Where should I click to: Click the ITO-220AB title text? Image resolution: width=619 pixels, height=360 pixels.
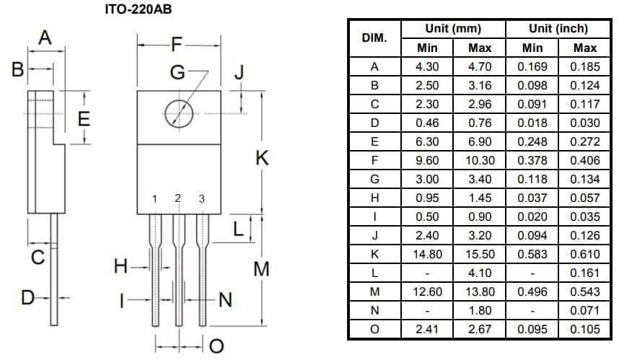point(139,9)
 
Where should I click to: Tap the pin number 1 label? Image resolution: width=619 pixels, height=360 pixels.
point(154,199)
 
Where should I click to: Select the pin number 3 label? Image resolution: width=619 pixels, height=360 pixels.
point(202,199)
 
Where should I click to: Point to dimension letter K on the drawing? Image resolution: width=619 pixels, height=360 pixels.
point(262,159)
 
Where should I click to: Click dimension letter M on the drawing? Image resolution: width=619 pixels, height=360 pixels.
point(262,270)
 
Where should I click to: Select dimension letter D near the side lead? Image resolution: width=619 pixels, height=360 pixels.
point(27,297)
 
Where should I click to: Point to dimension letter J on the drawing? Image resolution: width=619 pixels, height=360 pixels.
point(240,73)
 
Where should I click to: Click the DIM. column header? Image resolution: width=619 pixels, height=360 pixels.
point(374,38)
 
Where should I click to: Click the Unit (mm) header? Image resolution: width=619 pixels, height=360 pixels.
point(453,29)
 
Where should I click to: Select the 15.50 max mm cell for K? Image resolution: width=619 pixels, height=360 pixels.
point(480,254)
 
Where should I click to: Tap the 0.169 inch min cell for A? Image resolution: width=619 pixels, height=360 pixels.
point(532,66)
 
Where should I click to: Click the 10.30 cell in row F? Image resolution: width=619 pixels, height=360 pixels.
point(480,160)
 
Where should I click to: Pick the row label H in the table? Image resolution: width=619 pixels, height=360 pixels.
point(374,198)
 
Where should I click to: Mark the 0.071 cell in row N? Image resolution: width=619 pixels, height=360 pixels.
point(584,310)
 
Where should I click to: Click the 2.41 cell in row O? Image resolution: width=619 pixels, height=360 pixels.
point(427,329)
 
